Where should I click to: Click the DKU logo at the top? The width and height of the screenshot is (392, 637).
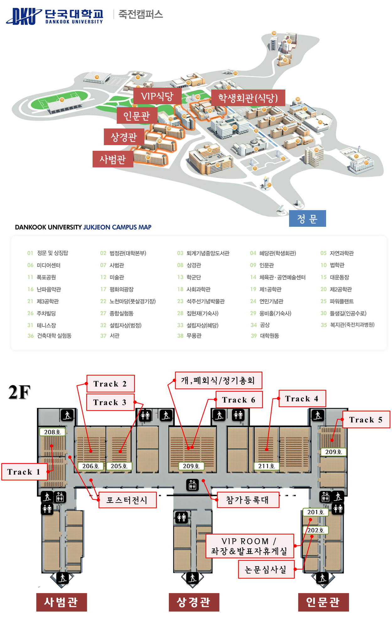coord(24,16)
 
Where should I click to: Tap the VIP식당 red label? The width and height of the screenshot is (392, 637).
coord(157,96)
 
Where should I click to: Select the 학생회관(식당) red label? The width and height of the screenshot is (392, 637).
coord(248,98)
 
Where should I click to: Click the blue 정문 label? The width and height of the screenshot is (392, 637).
coord(307,219)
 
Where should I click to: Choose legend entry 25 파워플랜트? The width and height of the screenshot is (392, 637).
coord(337,301)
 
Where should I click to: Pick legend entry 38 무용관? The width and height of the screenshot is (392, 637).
coord(190,336)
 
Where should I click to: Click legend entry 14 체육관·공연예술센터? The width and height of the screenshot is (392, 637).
coord(278,277)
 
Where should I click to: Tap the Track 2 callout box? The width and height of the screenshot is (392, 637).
coord(110,384)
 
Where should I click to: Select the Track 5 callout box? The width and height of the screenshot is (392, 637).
coord(366,420)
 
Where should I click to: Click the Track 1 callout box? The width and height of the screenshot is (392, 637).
coord(24,472)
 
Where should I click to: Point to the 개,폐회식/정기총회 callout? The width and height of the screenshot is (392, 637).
coord(218,380)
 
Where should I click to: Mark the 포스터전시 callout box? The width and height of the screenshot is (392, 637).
coord(127,500)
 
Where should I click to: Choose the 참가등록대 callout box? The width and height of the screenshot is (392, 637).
coord(248,500)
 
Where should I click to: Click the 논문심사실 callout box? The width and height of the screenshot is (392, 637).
coord(266,569)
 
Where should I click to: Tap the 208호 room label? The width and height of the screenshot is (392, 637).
coord(52,432)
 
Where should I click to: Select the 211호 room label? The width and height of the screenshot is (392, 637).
coord(266,466)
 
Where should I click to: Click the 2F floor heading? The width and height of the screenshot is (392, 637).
coord(19,392)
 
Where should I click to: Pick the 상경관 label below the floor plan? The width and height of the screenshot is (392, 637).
coord(194,602)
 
